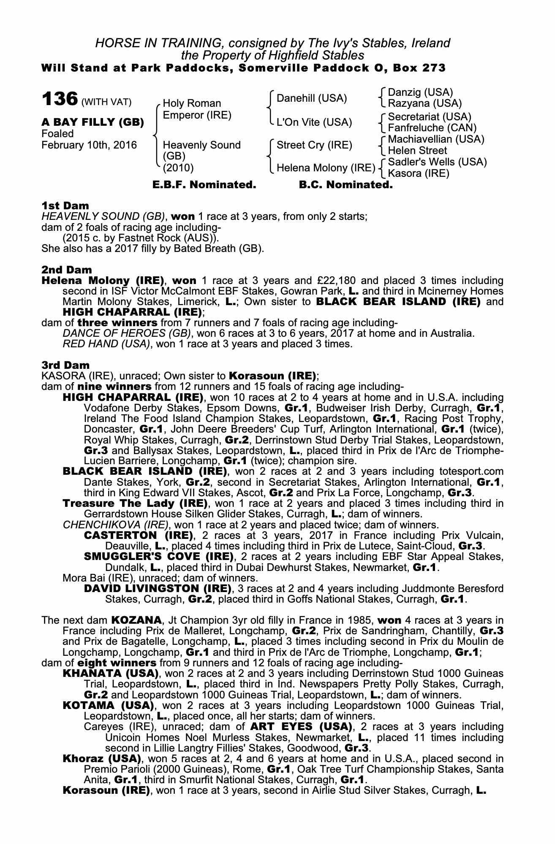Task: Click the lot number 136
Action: [x=60, y=99]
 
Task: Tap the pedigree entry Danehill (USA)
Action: [x=311, y=98]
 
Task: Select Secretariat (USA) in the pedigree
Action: [x=429, y=116]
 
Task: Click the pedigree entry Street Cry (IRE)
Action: [x=314, y=145]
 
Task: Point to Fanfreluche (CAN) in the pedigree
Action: [x=432, y=127]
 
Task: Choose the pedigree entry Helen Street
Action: [x=417, y=151]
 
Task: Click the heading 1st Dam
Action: [x=65, y=206]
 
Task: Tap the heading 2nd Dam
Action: [x=66, y=270]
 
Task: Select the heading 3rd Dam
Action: [x=65, y=365]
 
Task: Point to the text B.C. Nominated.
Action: [x=346, y=185]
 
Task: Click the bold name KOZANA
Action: [x=136, y=620]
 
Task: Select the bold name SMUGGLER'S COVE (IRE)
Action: [x=158, y=556]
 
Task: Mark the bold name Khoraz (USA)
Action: [x=101, y=759]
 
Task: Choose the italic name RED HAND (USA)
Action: [x=106, y=344]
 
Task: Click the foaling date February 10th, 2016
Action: [x=89, y=145]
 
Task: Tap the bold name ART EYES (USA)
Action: [x=301, y=727]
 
